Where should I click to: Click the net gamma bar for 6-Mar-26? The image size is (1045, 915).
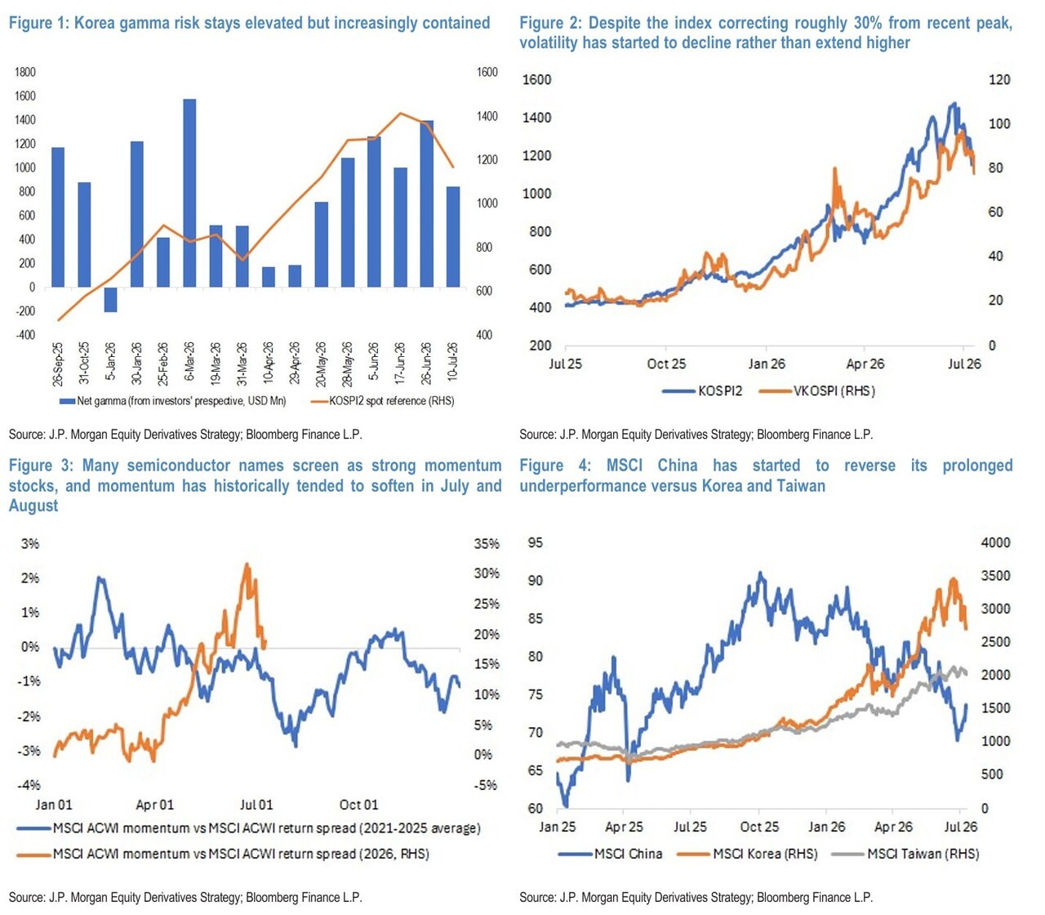point(189,193)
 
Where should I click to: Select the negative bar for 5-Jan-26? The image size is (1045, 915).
point(110,300)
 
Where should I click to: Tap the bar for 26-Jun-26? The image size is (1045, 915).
point(426,203)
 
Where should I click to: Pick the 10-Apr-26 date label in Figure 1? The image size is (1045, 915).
point(268,363)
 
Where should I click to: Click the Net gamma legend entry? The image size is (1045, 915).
point(172,401)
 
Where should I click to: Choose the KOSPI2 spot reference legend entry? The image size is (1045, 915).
point(383,401)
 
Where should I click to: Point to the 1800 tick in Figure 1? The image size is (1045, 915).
point(25,72)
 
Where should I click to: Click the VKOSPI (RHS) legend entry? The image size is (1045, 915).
point(817,391)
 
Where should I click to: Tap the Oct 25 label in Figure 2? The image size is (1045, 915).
point(666,364)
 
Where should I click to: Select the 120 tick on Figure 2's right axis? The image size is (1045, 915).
point(999,80)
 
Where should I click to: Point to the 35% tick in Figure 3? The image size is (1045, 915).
point(487,543)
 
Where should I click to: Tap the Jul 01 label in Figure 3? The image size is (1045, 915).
point(256,805)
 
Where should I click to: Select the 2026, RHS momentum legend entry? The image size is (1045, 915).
point(223,854)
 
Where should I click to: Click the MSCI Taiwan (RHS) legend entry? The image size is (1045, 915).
point(905,854)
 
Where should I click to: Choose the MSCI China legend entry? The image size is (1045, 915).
point(611,854)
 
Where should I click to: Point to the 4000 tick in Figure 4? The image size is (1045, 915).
point(995,542)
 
